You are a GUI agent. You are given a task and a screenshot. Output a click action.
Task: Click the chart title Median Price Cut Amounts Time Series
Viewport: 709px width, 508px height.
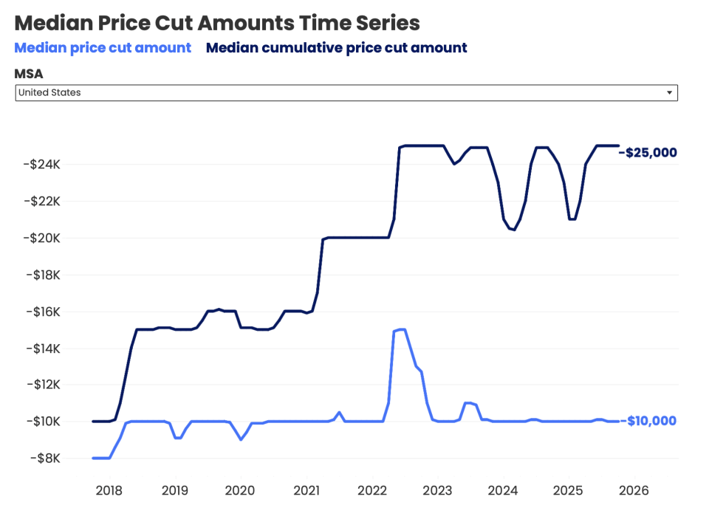[217, 23]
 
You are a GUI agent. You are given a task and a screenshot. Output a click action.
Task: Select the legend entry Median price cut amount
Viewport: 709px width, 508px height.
[103, 48]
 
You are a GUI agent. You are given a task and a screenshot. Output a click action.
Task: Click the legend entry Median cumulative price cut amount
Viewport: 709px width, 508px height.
[336, 48]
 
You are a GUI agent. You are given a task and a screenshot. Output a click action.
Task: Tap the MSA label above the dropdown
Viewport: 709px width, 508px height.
[29, 74]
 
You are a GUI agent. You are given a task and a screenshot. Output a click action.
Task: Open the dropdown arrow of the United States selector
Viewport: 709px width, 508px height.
[669, 93]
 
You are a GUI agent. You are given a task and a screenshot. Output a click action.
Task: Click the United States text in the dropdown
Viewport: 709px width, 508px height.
[49, 93]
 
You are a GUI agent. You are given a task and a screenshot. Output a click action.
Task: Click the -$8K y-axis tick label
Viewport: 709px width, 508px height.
[45, 459]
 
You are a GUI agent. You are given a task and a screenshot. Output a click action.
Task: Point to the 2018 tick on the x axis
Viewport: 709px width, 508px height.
[109, 490]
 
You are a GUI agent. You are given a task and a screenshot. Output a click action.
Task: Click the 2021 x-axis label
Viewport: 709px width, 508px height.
[306, 490]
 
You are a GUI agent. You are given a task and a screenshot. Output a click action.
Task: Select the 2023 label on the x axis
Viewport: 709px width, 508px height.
[437, 490]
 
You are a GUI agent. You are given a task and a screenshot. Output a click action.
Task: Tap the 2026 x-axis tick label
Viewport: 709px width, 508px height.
[634, 490]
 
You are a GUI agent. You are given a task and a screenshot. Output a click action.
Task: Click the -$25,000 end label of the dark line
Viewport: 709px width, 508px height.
[650, 153]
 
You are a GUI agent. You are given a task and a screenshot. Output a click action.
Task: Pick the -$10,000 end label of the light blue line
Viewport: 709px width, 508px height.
[650, 421]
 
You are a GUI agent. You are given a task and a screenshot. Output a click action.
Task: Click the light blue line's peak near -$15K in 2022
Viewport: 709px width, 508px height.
[401, 329]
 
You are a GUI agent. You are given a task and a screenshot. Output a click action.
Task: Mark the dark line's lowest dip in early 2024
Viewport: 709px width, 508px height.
[513, 230]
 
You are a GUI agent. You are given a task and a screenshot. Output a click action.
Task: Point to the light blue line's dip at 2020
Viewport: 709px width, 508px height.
[240, 439]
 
